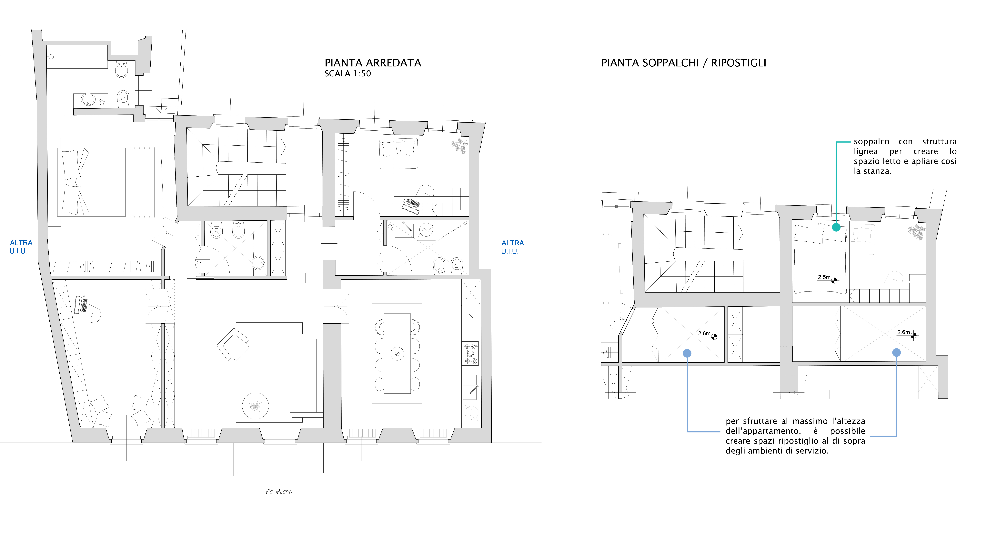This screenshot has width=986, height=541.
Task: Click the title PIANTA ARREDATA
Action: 372,63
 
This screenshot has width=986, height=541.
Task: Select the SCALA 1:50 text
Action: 347,74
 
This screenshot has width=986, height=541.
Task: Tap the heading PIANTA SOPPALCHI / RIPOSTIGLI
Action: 684,63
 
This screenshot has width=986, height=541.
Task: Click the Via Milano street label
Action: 279,492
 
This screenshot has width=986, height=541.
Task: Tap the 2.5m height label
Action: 824,277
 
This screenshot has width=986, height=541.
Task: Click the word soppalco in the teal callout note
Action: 871,141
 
